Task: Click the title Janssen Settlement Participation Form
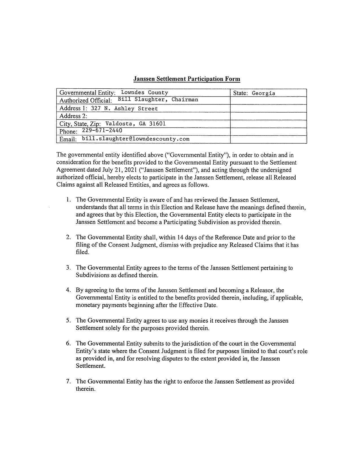pyautogui.click(x=187, y=79)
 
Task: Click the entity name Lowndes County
pyautogui.click(x=144, y=93)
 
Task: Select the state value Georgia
pyautogui.click(x=263, y=93)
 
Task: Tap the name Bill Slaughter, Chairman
pyautogui.click(x=158, y=100)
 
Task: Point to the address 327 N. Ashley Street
pyautogui.click(x=124, y=108)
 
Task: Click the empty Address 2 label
pyautogui.click(x=73, y=116)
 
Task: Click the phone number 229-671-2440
pyautogui.click(x=102, y=130)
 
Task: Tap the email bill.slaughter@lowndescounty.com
pyautogui.click(x=136, y=139)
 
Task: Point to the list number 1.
pyautogui.click(x=68, y=200)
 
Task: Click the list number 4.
pyautogui.click(x=68, y=290)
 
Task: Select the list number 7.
pyautogui.click(x=68, y=381)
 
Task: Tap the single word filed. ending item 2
pyautogui.click(x=82, y=252)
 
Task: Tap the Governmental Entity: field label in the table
pyautogui.click(x=88, y=93)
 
